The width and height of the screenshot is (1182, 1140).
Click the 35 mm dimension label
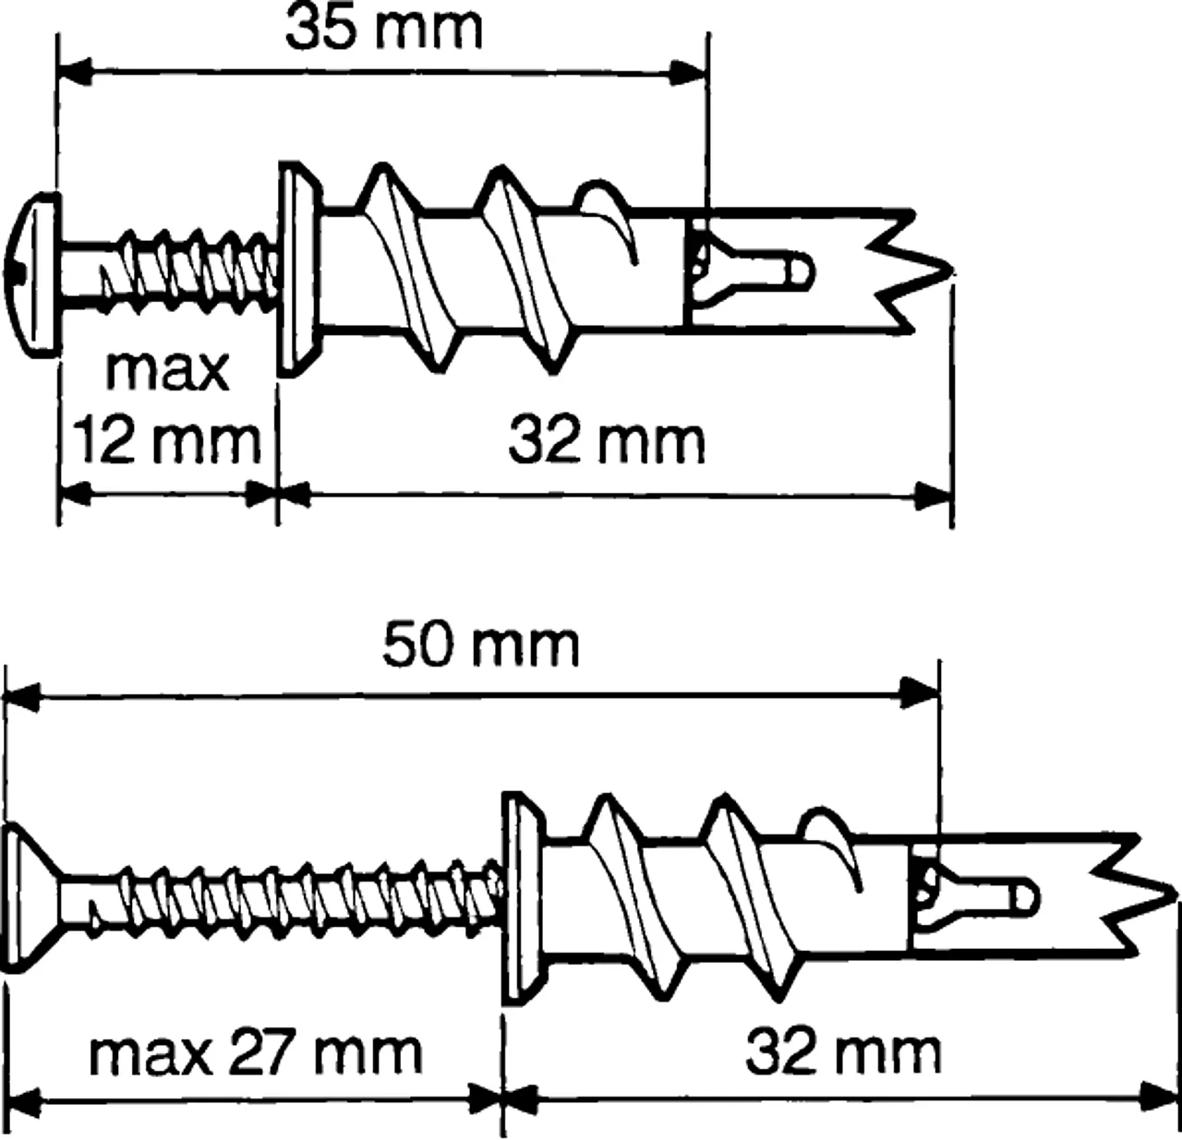[x=383, y=30]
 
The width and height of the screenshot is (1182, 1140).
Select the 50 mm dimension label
[x=480, y=645]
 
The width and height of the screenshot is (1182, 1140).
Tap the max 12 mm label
[x=167, y=406]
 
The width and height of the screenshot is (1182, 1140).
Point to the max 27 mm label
[x=255, y=1052]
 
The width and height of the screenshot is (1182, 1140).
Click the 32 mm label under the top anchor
[x=607, y=440]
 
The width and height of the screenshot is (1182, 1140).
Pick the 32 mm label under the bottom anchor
[x=843, y=1051]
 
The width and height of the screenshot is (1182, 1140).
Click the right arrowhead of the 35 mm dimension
[x=688, y=72]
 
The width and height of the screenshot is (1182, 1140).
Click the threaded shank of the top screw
[x=185, y=270]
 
